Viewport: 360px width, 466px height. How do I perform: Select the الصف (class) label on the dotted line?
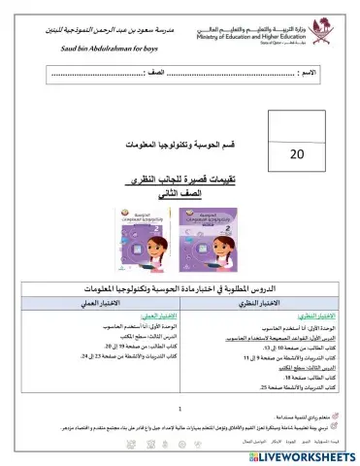[x=157, y=74]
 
